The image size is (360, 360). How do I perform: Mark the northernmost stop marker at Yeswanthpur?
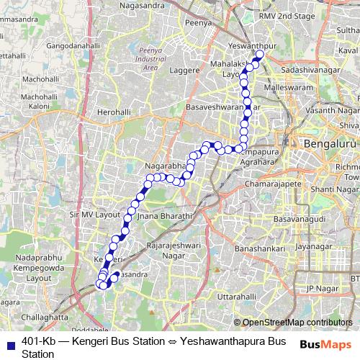pos(261,55)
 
